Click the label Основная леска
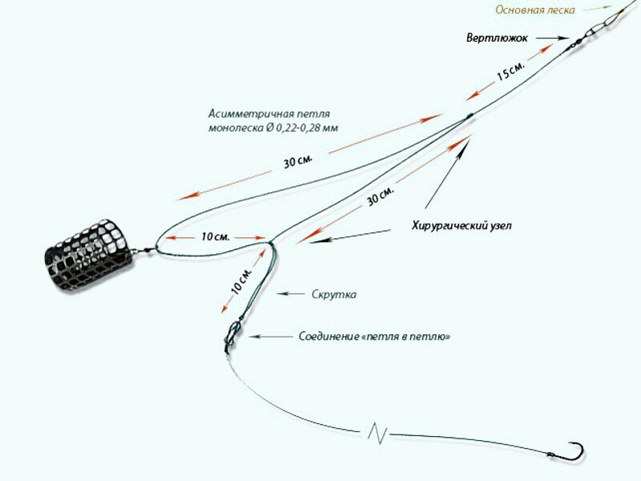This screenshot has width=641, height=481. pyautogui.click(x=534, y=10)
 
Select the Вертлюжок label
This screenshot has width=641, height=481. pyautogui.click(x=497, y=38)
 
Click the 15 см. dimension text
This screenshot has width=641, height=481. pyautogui.click(x=510, y=72)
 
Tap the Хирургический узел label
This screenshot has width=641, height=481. pyautogui.click(x=461, y=226)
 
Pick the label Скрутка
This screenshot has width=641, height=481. pyautogui.click(x=334, y=294)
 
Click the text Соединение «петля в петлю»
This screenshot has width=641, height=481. pyautogui.click(x=373, y=337)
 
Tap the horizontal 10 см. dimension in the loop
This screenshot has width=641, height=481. pyautogui.click(x=216, y=236)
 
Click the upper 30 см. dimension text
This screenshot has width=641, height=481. pyautogui.click(x=297, y=161)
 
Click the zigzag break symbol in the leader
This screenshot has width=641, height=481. pyautogui.click(x=377, y=434)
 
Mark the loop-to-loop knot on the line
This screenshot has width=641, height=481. pyautogui.click(x=232, y=333)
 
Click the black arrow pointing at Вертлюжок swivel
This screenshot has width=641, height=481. pyautogui.click(x=552, y=38)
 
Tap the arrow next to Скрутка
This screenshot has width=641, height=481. pyautogui.click(x=292, y=294)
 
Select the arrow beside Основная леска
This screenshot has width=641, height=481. pyautogui.click(x=597, y=8)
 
